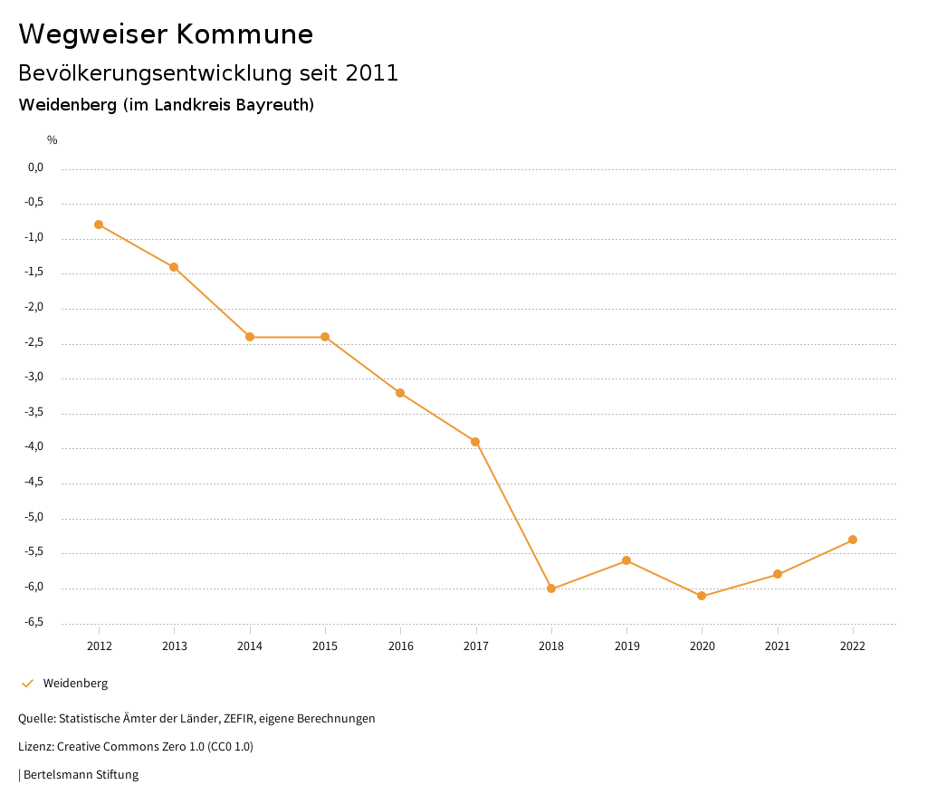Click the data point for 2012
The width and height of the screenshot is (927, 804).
(99, 225)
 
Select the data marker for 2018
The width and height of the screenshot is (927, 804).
(551, 589)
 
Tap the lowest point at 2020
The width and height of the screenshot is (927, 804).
(702, 596)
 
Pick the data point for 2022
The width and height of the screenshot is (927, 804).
(853, 540)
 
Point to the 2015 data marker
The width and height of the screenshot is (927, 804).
(325, 337)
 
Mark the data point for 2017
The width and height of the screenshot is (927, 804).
(475, 442)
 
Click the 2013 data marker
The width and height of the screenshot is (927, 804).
(174, 267)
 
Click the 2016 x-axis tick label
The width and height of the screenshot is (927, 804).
(400, 646)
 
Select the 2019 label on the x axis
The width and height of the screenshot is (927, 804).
(626, 646)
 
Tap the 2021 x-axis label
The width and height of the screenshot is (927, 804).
(778, 646)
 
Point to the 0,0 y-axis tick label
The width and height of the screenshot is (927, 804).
(35, 167)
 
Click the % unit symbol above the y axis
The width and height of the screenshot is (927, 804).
(53, 140)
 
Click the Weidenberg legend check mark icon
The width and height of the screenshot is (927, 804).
(27, 684)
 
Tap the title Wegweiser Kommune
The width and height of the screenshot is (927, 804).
(166, 34)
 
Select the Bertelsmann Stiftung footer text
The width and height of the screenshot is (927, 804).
(81, 775)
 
